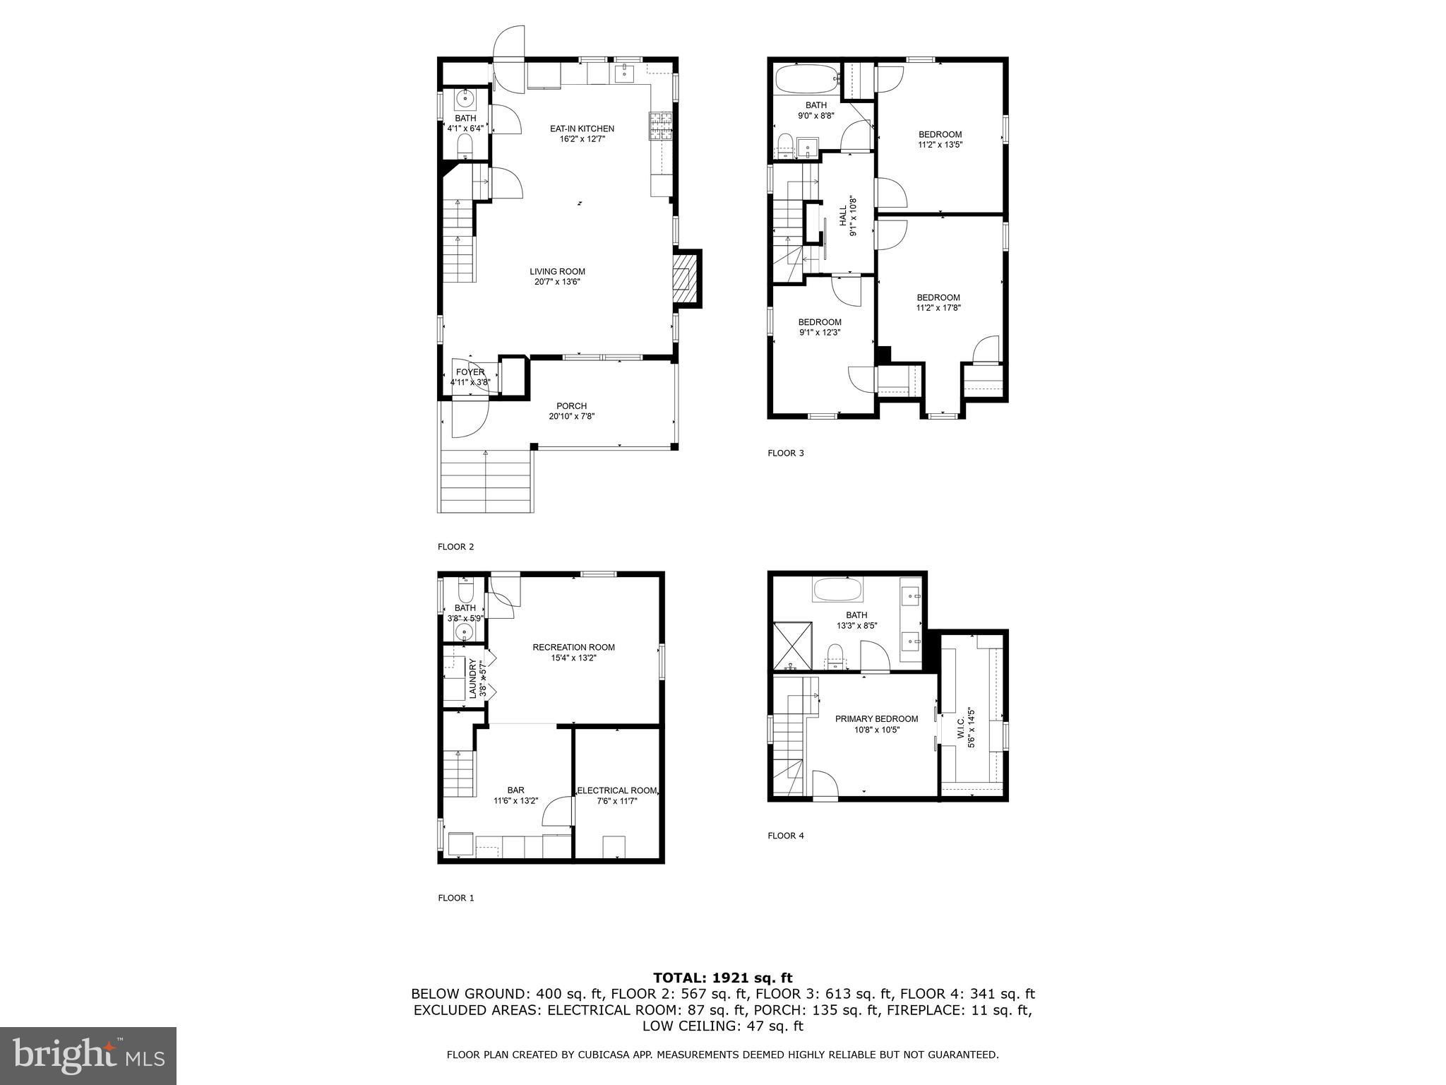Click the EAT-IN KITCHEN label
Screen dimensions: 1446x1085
coord(582,129)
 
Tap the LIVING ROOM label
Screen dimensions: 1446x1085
coord(558,271)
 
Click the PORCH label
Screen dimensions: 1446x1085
coord(572,406)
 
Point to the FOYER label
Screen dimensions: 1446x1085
coord(470,372)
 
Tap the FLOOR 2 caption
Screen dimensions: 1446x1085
coord(456,547)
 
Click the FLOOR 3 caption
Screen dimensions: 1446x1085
coord(786,453)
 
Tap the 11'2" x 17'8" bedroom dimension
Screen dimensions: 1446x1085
coord(938,307)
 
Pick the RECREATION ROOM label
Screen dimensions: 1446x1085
coord(573,647)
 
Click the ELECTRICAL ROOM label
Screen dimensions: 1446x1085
coord(618,790)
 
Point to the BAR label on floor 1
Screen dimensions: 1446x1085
coord(515,790)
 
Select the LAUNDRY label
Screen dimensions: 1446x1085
coord(473,679)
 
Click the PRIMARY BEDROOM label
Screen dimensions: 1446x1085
coord(876,719)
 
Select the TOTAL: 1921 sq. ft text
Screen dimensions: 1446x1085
coord(723,978)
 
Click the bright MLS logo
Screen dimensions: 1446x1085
coord(88,1055)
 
